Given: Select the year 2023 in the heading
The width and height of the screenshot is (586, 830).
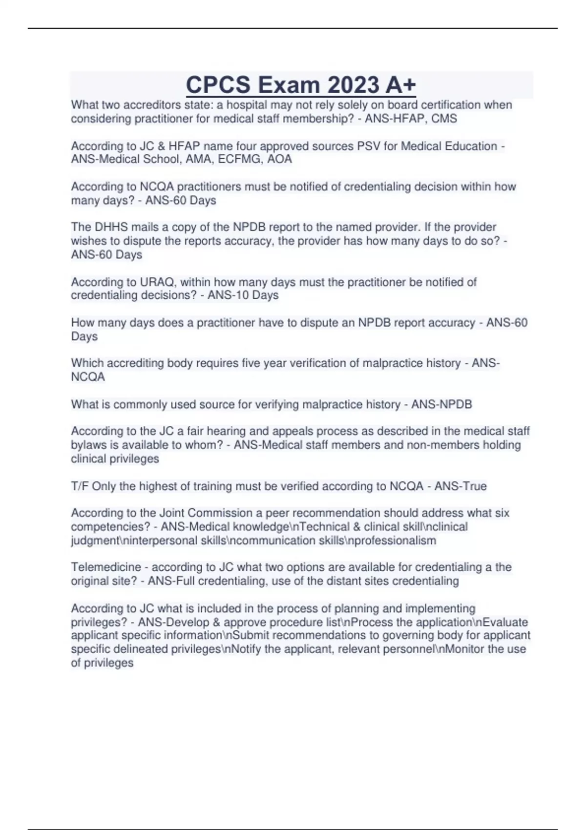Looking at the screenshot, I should click(x=353, y=84).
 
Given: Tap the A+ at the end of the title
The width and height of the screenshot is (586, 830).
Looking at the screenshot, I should click(x=400, y=84).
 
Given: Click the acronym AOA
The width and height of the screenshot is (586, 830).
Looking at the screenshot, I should click(x=280, y=159).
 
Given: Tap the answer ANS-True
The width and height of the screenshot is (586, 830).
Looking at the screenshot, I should click(x=460, y=486).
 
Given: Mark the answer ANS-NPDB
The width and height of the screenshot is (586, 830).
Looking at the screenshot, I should click(x=441, y=405).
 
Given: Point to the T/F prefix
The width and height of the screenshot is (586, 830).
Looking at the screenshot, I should click(x=80, y=486).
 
